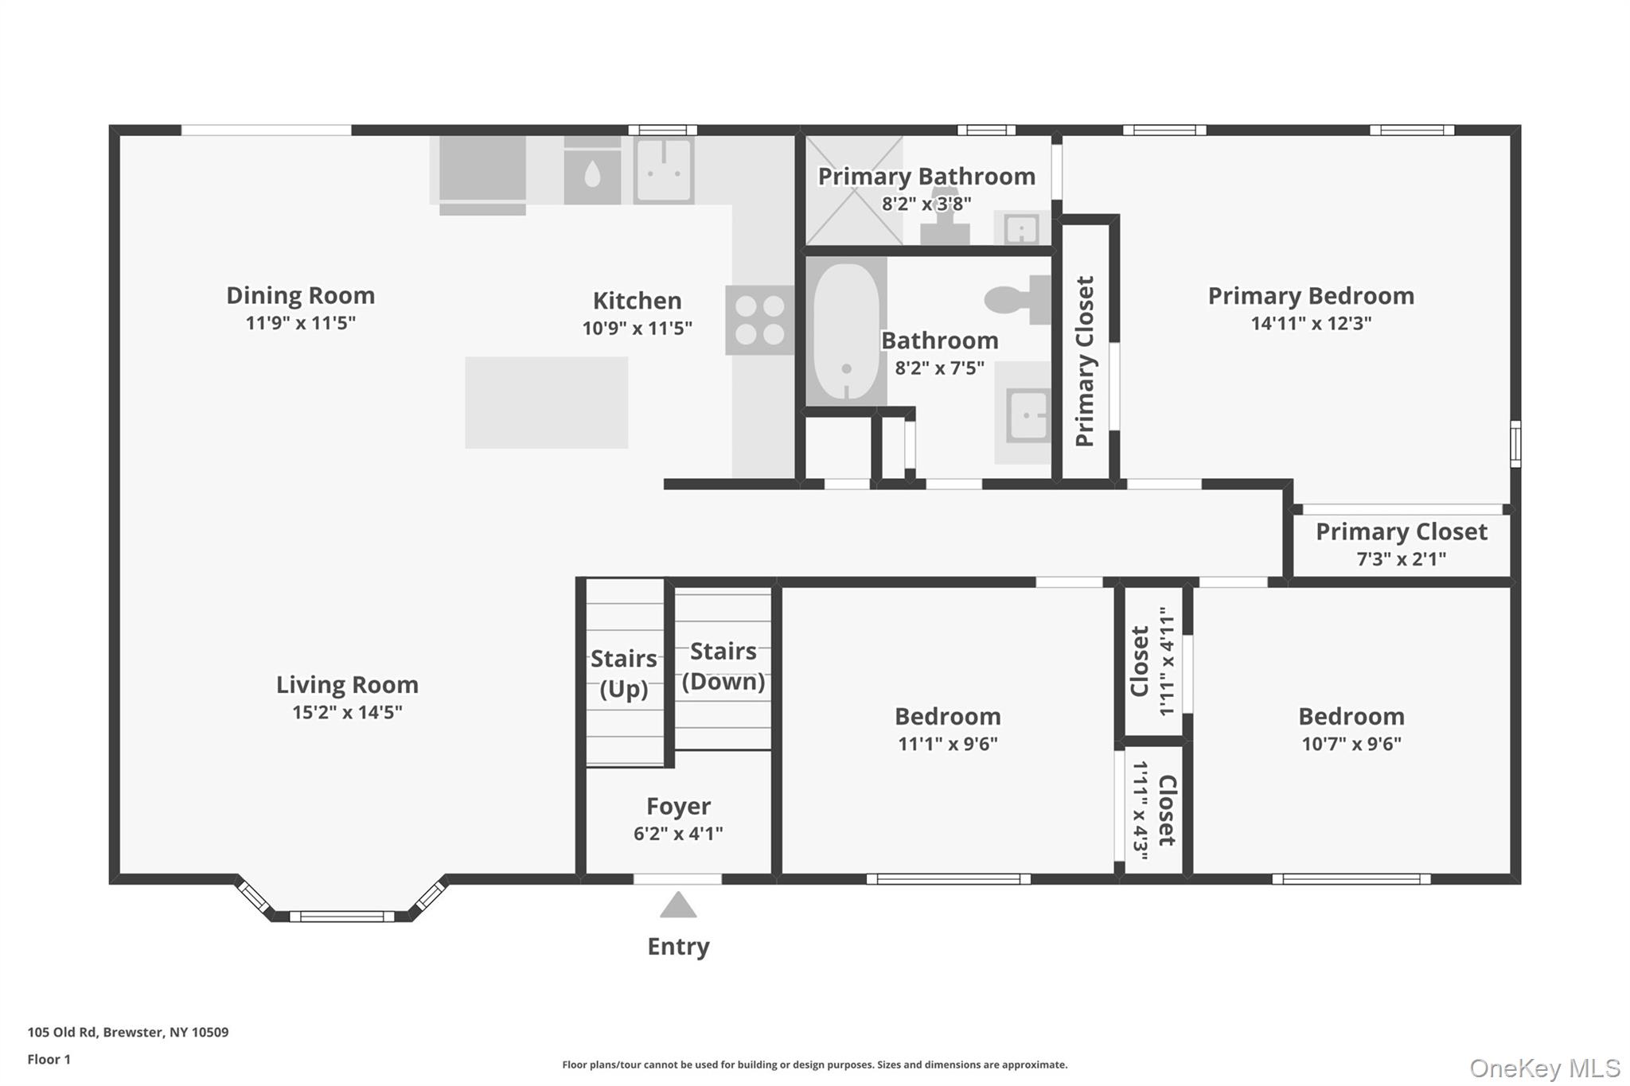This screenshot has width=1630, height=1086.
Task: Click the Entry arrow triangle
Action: [x=678, y=905]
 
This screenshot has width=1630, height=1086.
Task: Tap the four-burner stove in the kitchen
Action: [x=759, y=320]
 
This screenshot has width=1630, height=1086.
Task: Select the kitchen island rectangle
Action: [x=546, y=402]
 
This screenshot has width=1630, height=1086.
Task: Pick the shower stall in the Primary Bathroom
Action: [x=854, y=191]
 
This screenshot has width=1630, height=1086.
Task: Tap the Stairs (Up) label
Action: [x=624, y=673]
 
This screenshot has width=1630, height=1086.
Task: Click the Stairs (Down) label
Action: [x=723, y=666]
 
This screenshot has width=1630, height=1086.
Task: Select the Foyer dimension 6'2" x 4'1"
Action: [x=678, y=833]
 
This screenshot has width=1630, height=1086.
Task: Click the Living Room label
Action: [x=347, y=684]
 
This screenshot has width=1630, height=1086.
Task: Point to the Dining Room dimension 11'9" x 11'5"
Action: [x=300, y=322]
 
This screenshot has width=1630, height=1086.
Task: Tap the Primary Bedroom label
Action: [x=1311, y=296]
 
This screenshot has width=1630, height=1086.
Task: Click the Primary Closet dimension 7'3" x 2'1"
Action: [x=1401, y=559]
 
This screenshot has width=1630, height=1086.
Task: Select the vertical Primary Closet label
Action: [x=1085, y=361]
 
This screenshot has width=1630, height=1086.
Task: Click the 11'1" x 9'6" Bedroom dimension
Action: [x=947, y=744]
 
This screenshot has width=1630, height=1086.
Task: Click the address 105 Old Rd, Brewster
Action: [x=127, y=1032]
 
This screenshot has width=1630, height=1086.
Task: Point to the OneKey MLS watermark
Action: [x=1544, y=1068]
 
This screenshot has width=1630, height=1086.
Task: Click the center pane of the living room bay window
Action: [x=341, y=917]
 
